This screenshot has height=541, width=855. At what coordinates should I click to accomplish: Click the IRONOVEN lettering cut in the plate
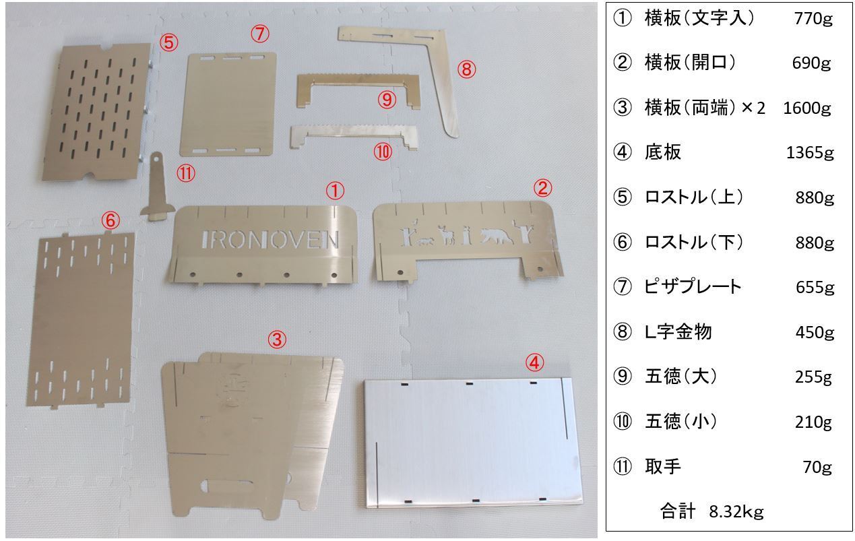point(270,240)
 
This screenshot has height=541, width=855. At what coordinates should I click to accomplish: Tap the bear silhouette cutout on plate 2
point(497,236)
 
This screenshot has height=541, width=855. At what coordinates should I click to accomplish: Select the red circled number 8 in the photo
point(466,69)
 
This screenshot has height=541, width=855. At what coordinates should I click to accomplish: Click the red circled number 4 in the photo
point(534,362)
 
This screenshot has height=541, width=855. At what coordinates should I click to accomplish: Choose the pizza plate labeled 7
point(228,104)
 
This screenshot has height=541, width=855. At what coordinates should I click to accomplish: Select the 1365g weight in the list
point(810,153)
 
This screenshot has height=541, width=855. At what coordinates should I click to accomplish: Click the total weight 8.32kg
point(736,511)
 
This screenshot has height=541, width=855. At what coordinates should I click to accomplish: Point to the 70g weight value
point(817,467)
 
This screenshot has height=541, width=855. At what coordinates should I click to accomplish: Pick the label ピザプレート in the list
point(693,287)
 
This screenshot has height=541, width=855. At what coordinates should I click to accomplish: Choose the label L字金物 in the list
point(678,331)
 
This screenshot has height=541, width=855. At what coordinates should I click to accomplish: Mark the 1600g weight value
point(807,108)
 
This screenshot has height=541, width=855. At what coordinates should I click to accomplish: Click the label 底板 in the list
point(662,152)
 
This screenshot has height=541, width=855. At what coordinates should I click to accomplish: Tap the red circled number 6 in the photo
point(110,221)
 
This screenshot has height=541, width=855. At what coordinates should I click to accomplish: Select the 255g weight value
point(813,377)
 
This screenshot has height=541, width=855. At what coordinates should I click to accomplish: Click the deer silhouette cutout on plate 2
point(446,235)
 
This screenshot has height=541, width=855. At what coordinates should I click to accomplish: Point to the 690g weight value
point(811,63)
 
